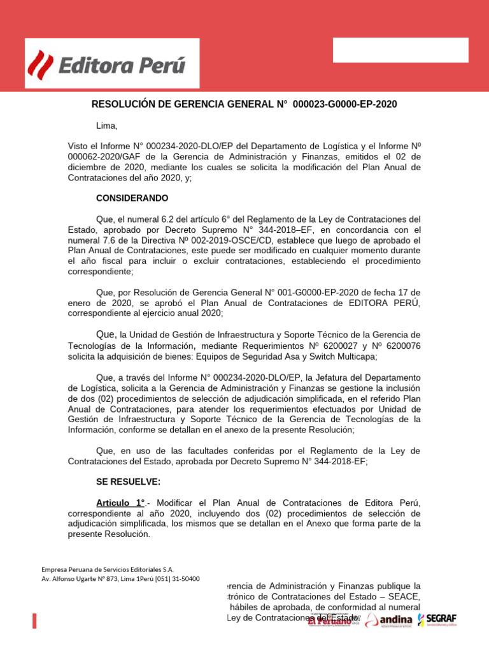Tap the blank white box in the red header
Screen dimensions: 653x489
pos(400,50)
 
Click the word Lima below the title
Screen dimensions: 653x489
pos(107,126)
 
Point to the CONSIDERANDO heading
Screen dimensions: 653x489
pos(132,198)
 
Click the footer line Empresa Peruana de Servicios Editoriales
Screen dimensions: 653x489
pos(108,569)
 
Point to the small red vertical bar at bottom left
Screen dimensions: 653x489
pos(34,621)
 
